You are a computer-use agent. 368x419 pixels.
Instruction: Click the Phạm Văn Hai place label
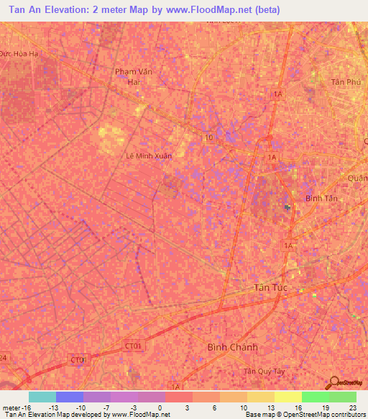coord(130,76)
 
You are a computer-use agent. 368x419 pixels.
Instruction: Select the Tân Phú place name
coord(344,82)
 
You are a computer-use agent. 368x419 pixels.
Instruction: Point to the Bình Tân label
coord(321,198)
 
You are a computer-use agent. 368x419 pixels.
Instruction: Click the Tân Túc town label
coord(271,288)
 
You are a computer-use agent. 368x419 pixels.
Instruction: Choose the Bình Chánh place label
coord(231,346)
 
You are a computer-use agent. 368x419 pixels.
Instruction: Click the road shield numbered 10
coord(208,137)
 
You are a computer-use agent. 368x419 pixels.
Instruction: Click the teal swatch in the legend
coord(42,397)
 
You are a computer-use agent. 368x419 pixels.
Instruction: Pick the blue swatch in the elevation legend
coord(69,397)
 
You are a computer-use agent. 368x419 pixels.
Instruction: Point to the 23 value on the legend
coord(352,407)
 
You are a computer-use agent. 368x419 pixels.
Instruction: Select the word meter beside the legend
coord(9,407)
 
